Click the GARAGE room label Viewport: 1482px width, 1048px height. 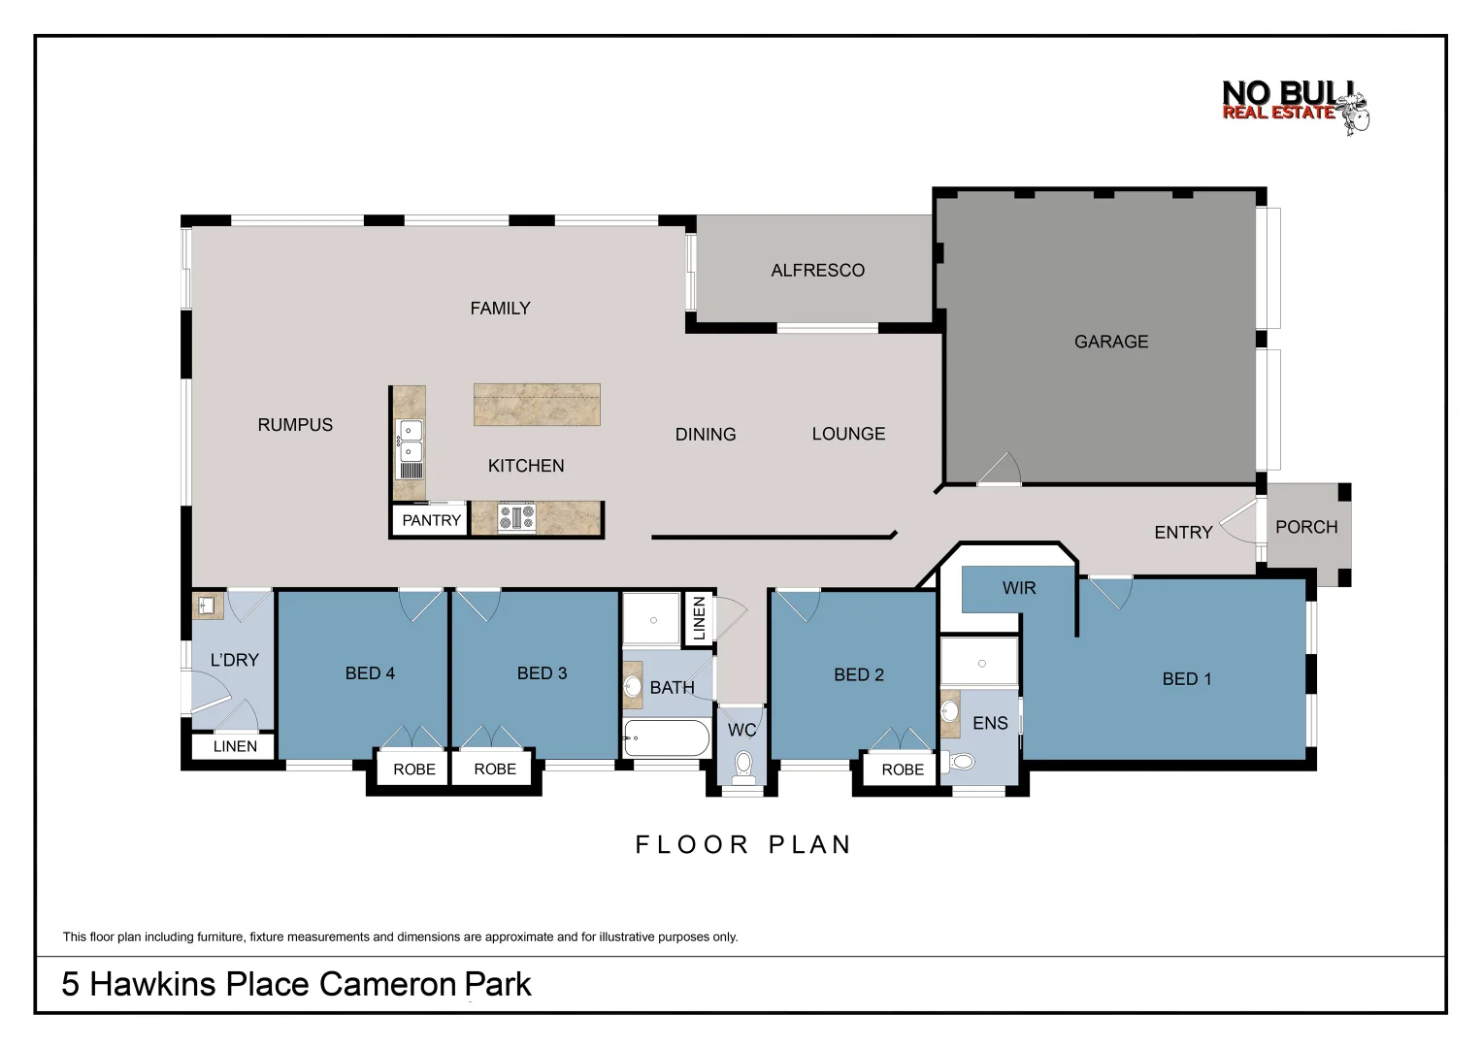[x=1110, y=342]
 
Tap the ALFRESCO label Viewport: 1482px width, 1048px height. [x=817, y=271]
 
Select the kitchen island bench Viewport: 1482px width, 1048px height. [x=537, y=405]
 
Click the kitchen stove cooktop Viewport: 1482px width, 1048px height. [x=516, y=517]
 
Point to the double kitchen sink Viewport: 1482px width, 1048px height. [x=411, y=441]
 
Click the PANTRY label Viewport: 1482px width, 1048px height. [x=431, y=520]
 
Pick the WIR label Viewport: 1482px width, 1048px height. [x=1018, y=588]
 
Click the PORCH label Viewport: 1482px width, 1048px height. [x=1305, y=527]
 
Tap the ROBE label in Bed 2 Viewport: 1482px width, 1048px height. [x=902, y=770]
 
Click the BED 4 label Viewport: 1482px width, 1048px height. [x=370, y=673]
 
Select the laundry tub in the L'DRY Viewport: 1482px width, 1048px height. [x=207, y=606]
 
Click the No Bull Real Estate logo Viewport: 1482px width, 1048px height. [x=1295, y=106]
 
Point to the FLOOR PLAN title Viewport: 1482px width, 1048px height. [x=743, y=845]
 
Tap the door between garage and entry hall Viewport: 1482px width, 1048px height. [x=1000, y=470]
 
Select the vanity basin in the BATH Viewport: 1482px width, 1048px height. [x=633, y=687]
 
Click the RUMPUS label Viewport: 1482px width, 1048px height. [x=295, y=425]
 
